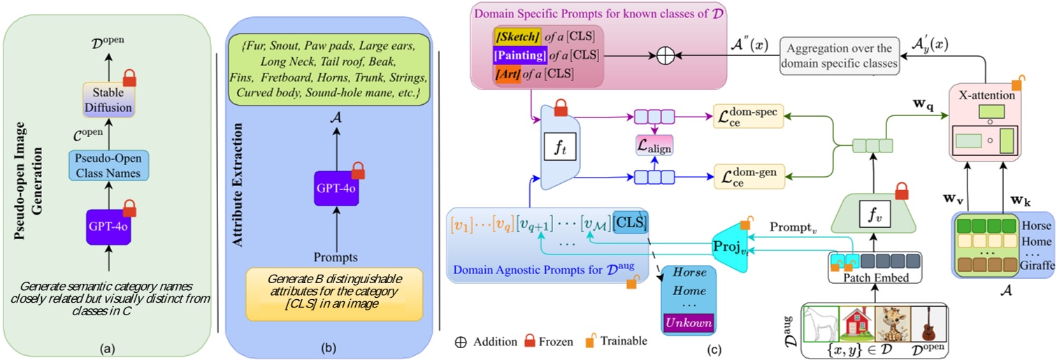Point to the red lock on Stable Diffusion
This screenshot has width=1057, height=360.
[130, 76]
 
